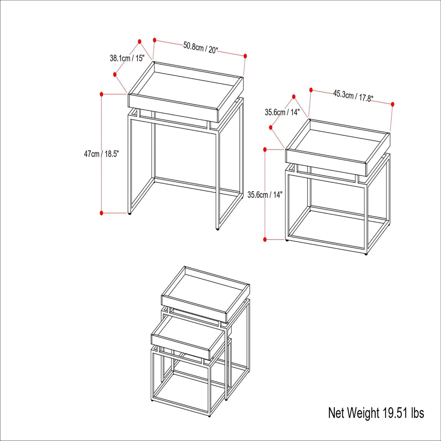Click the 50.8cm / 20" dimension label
pyautogui.click(x=201, y=48)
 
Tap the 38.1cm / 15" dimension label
pyautogui.click(x=127, y=58)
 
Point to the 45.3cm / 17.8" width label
pyautogui.click(x=353, y=96)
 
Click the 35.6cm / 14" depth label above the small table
pyautogui.click(x=282, y=113)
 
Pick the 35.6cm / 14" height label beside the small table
pyautogui.click(x=265, y=194)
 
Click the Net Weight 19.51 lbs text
pyautogui.click(x=376, y=413)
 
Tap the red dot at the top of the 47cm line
pyautogui.click(x=102, y=94)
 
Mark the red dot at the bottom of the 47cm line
pyautogui.click(x=102, y=213)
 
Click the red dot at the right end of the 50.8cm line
pyautogui.click(x=245, y=56)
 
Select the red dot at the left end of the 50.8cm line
pyautogui.click(x=154, y=40)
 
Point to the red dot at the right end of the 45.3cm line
pyautogui.click(x=392, y=104)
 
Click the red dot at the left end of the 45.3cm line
pyautogui.click(x=311, y=90)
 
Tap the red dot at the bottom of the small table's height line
pyautogui.click(x=265, y=239)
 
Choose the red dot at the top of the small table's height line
pyautogui.click(x=265, y=150)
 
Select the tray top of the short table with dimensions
pyautogui.click(x=338, y=148)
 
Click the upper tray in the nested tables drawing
pyautogui.click(x=205, y=294)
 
